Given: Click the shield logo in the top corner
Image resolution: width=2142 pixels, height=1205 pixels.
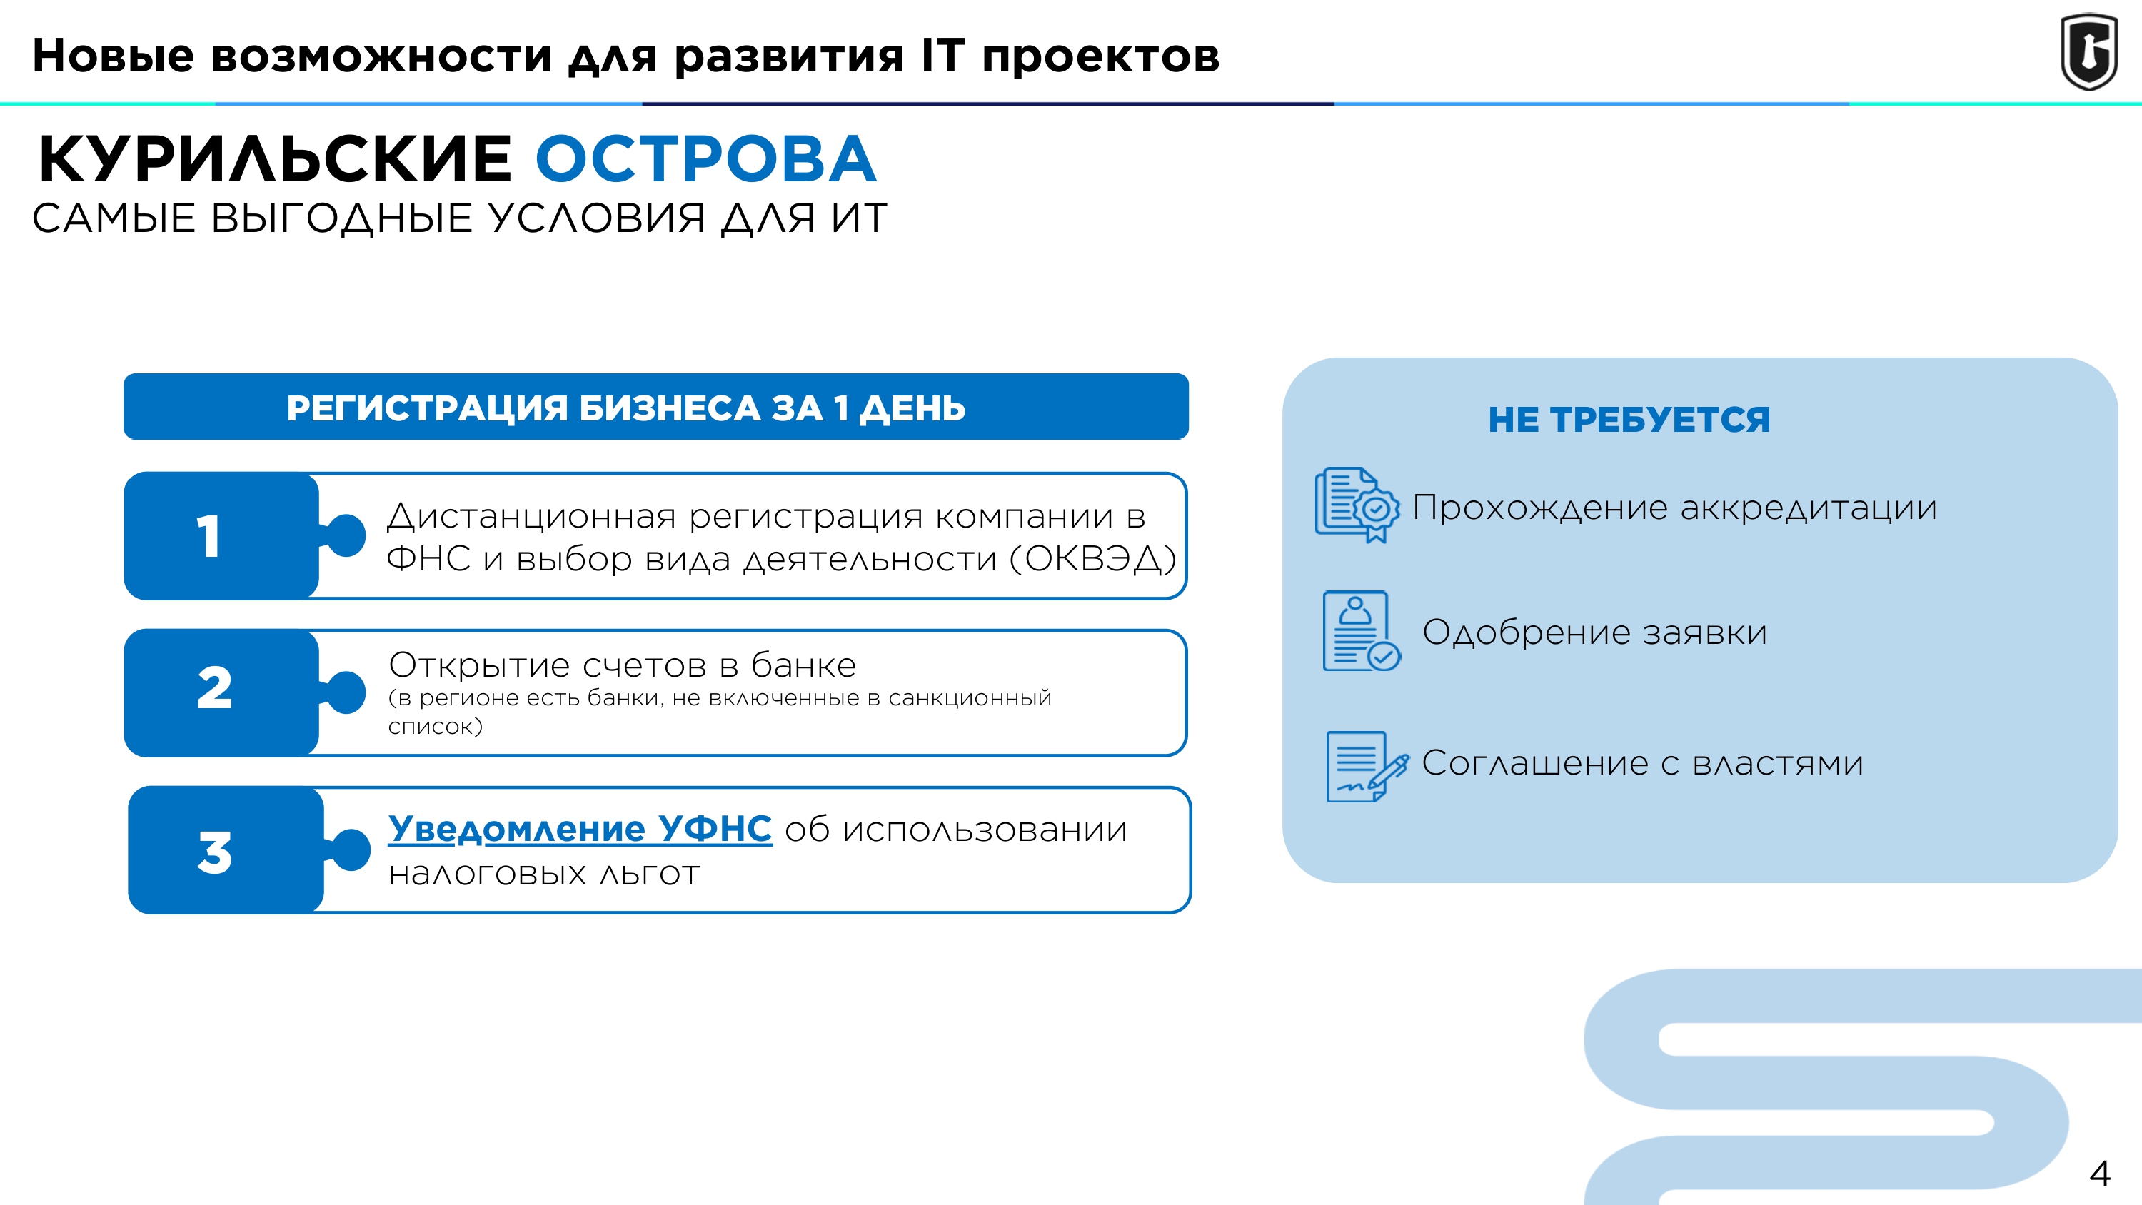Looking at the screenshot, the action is click(2088, 51).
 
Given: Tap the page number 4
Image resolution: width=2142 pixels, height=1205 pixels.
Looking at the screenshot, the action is click(2100, 1174).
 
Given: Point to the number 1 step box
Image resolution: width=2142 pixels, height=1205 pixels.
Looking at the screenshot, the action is click(221, 535).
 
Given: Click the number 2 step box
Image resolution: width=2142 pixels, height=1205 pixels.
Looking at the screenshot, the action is click(221, 692).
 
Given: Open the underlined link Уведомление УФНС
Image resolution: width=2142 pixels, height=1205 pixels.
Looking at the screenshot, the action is click(580, 829).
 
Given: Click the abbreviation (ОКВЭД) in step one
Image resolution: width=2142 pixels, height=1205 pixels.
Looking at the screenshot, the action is click(1092, 559).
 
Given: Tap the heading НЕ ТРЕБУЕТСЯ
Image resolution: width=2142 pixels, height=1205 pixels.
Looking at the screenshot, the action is click(1629, 419).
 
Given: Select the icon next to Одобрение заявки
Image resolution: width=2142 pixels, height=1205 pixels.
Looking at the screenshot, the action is click(1361, 630).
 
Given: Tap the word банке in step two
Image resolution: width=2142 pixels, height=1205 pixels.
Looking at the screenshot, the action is click(803, 665).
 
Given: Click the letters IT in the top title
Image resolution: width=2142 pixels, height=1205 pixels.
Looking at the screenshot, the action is click(943, 55).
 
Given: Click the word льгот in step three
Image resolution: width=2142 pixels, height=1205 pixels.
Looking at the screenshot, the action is click(650, 874).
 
